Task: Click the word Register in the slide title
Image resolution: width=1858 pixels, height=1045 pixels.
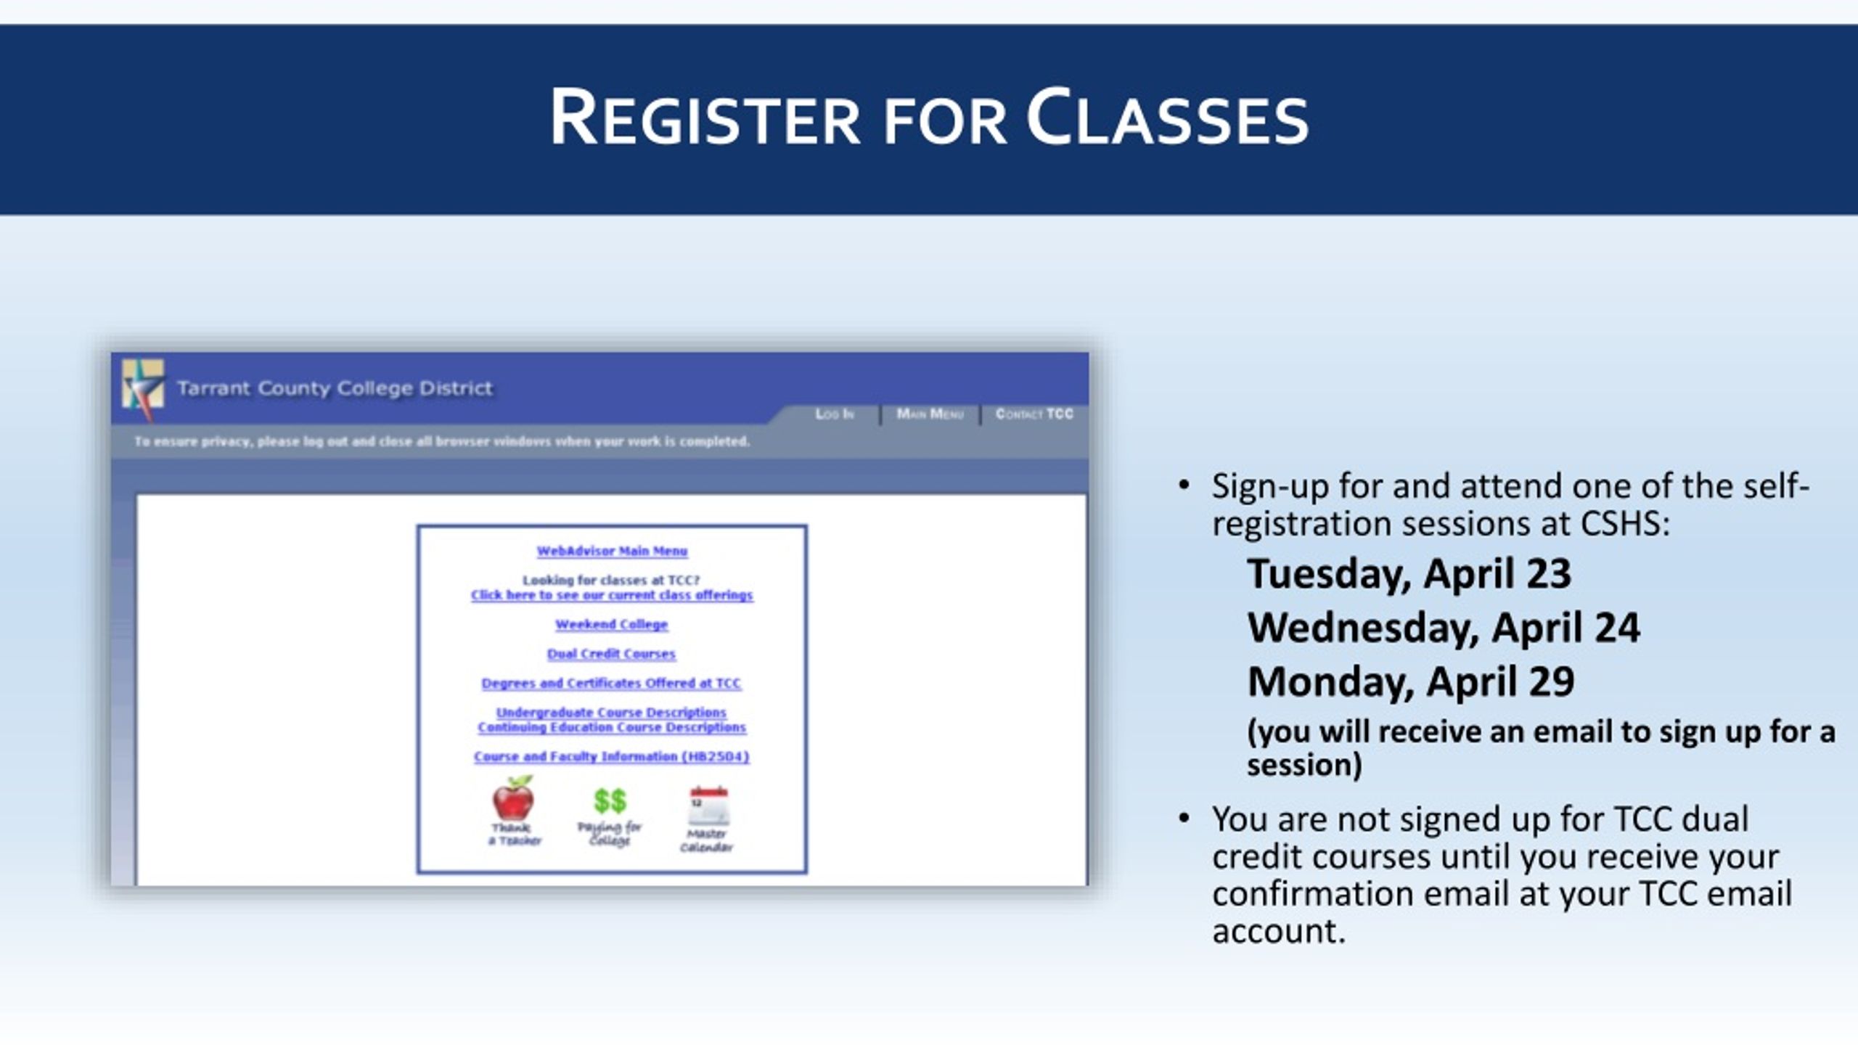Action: click(705, 118)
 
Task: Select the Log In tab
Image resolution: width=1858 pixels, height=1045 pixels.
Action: click(835, 414)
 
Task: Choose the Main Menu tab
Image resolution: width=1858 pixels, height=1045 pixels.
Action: click(930, 414)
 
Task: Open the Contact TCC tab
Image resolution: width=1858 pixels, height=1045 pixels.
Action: click(1034, 414)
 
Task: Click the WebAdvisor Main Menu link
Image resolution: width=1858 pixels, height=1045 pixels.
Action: click(612, 551)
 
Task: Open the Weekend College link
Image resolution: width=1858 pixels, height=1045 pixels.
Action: click(611, 624)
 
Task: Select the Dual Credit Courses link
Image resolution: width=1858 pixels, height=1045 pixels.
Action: click(611, 654)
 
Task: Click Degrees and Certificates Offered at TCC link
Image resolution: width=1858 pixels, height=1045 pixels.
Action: click(611, 683)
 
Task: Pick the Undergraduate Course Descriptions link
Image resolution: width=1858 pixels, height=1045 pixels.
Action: click(611, 712)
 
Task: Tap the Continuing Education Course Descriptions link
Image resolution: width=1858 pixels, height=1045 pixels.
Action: click(611, 727)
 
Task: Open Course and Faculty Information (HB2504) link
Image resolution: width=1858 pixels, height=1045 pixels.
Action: click(611, 756)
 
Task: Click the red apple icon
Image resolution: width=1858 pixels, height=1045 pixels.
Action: click(514, 798)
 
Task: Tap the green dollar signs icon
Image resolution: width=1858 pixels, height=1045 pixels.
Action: click(610, 800)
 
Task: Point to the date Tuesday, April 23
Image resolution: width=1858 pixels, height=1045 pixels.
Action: click(1409, 574)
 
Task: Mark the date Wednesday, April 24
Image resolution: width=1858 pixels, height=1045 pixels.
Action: click(1443, 628)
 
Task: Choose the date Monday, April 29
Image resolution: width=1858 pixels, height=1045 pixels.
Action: click(1410, 681)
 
